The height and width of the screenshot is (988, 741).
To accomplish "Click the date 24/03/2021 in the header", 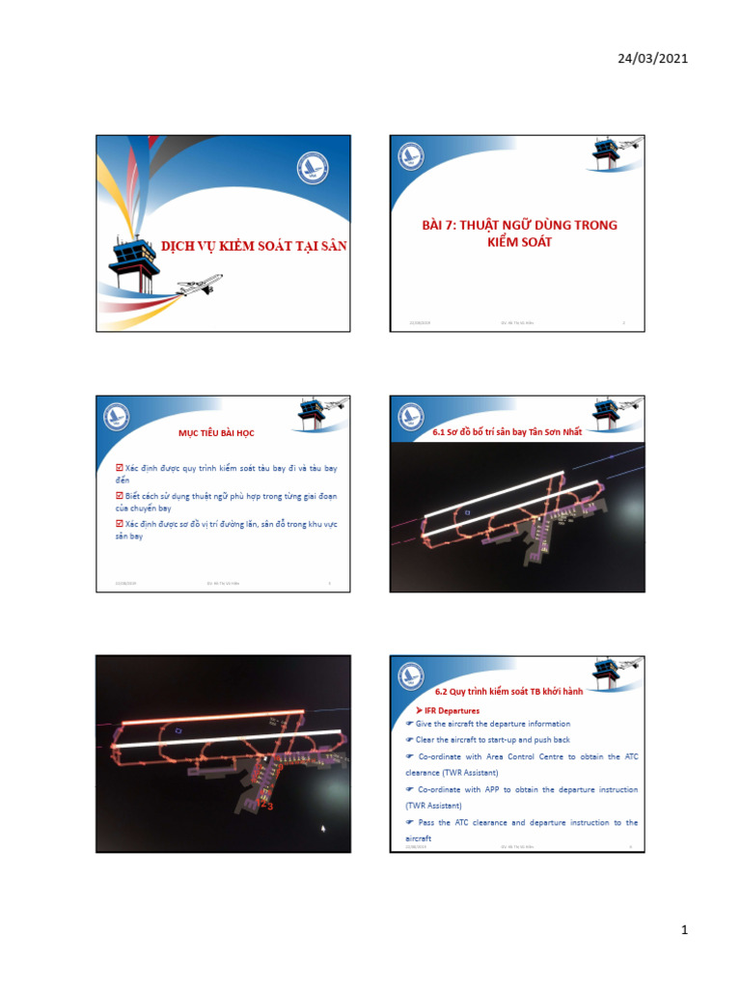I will [x=652, y=59].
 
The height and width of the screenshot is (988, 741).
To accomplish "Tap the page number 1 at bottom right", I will [x=683, y=930].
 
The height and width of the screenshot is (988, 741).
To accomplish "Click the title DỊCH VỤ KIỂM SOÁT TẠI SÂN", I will [x=253, y=246].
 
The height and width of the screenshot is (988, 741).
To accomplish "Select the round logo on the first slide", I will [x=313, y=169].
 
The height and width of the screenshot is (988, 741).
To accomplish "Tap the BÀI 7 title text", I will [x=519, y=233].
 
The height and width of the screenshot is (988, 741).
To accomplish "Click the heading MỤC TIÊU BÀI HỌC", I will [x=223, y=433].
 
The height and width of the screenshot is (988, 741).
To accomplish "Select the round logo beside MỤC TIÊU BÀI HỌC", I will [x=117, y=417].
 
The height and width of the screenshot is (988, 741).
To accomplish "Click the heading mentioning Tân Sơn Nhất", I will [x=508, y=432].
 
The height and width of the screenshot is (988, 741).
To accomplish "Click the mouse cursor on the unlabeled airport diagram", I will [x=323, y=828].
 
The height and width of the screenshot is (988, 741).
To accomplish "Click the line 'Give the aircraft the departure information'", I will [x=492, y=724].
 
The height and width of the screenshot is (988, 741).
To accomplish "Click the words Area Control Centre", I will [x=532, y=756].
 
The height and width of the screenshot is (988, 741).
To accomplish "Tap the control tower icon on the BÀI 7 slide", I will [x=607, y=153].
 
